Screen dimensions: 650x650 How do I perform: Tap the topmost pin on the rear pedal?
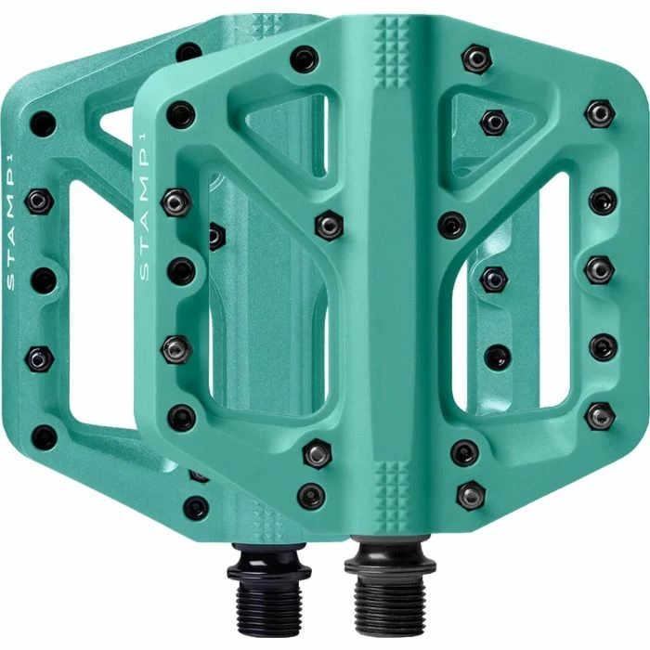pyautogui.click(x=189, y=52)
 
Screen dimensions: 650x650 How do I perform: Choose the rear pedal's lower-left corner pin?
pyautogui.click(x=44, y=435)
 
